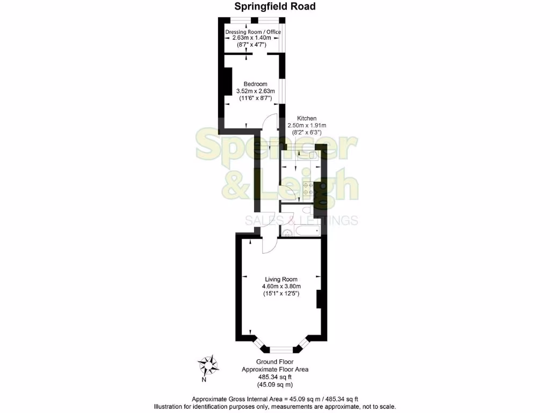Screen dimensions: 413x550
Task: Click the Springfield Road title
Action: point(274,6)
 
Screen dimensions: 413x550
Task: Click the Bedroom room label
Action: point(255,84)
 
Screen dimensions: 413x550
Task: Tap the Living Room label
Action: point(281,279)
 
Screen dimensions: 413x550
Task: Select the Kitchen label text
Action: point(307,118)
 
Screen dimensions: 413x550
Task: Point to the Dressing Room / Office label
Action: point(253,32)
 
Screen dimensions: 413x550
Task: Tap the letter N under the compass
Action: point(204,380)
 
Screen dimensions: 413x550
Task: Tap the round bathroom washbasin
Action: point(287,233)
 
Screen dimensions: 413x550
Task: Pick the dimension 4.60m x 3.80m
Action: point(281,287)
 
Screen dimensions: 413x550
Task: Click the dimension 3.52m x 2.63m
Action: point(255,91)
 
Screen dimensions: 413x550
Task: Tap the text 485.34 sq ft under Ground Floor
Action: point(275,377)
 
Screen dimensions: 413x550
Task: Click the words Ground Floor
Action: point(275,362)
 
